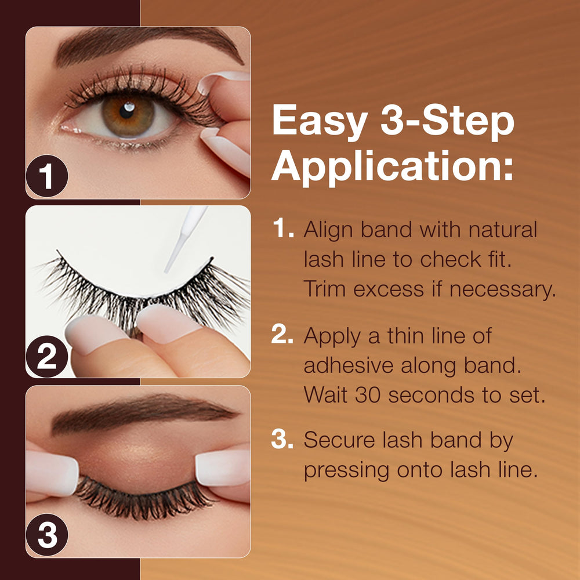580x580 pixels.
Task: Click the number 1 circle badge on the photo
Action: click(x=47, y=176)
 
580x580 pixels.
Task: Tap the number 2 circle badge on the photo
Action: click(x=47, y=357)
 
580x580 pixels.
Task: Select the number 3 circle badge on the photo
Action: click(x=47, y=535)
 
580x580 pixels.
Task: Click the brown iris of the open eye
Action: click(x=128, y=116)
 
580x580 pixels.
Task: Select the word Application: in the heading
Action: click(x=393, y=167)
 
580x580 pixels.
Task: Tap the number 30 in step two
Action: click(x=368, y=394)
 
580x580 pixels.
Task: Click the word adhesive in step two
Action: click(x=348, y=365)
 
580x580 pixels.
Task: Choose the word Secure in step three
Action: click(x=339, y=440)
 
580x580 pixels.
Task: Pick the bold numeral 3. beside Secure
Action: click(x=282, y=439)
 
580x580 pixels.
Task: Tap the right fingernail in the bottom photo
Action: click(x=223, y=468)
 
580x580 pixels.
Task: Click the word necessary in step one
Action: click(x=503, y=289)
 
